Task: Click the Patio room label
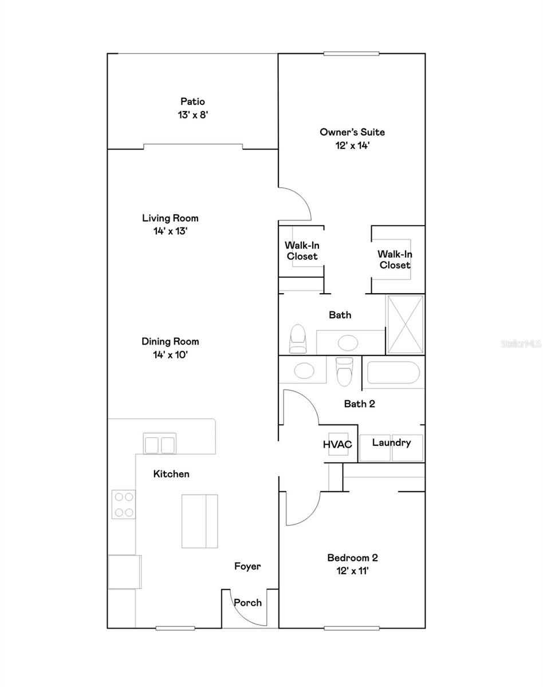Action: tap(192, 101)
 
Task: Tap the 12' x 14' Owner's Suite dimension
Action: tap(352, 145)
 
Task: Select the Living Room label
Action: tap(170, 218)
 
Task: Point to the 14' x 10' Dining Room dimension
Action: tap(170, 355)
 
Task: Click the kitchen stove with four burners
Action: tap(124, 504)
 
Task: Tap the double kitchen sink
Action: tap(159, 444)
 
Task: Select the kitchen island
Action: tap(200, 522)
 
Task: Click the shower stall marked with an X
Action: tap(405, 325)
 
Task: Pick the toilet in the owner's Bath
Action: tap(298, 339)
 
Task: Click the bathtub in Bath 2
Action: tap(393, 373)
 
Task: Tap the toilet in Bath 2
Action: tap(344, 372)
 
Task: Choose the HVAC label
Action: tap(337, 444)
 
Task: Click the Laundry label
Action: tap(392, 443)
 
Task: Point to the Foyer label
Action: tap(247, 566)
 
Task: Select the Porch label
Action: tap(247, 603)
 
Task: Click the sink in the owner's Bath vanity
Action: tap(348, 343)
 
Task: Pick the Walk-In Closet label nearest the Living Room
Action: tap(302, 251)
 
